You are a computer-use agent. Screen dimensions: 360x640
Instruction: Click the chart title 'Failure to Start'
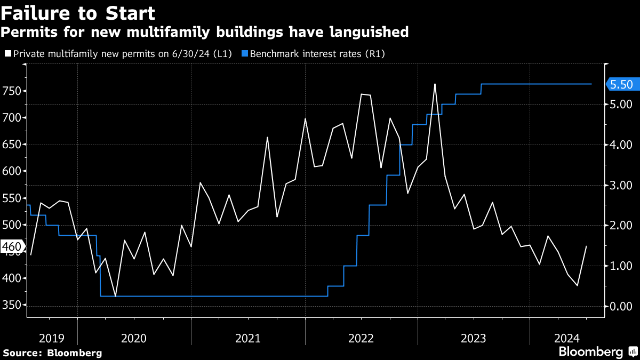point(78,12)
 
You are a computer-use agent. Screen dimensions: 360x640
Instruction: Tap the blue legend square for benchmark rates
point(244,54)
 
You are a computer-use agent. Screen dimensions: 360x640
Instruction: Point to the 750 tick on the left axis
point(13,91)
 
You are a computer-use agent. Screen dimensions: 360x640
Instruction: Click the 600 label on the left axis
point(13,171)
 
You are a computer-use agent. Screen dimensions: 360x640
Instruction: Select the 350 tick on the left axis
point(13,306)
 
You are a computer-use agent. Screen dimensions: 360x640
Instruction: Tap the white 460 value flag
point(11,247)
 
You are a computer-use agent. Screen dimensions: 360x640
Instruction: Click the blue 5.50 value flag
point(621,84)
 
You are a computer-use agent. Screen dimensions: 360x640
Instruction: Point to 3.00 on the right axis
point(621,185)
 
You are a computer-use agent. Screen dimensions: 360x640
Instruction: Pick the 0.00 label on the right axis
point(621,306)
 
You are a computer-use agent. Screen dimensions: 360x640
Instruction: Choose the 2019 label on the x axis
point(52,338)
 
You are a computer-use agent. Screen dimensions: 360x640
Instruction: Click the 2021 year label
point(248,338)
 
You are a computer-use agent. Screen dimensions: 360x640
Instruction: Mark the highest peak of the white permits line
point(435,84)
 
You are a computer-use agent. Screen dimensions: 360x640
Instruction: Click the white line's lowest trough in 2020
point(115,296)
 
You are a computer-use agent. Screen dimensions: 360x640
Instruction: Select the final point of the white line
point(586,246)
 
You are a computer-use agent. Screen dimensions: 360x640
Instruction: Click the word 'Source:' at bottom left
point(23,353)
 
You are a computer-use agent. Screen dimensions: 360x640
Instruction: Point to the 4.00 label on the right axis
point(621,145)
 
